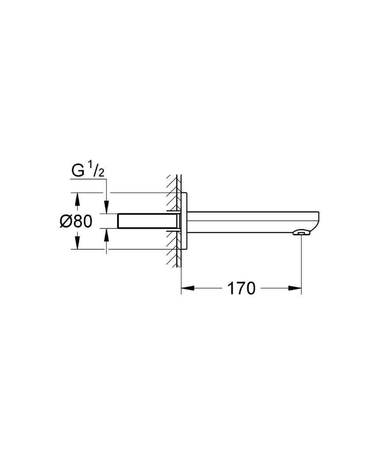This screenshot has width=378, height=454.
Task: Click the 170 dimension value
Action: pyautogui.click(x=242, y=289)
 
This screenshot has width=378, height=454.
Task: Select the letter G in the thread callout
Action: pyautogui.click(x=78, y=171)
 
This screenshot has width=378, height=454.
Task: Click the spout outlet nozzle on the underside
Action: pyautogui.click(x=301, y=232)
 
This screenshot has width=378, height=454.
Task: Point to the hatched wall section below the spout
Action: pyautogui.click(x=173, y=255)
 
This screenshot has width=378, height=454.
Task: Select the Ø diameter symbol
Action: pyautogui.click(x=65, y=221)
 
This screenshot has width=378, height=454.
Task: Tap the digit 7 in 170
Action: pyautogui.click(x=242, y=289)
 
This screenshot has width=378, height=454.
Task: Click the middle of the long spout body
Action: pyautogui.click(x=253, y=222)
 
